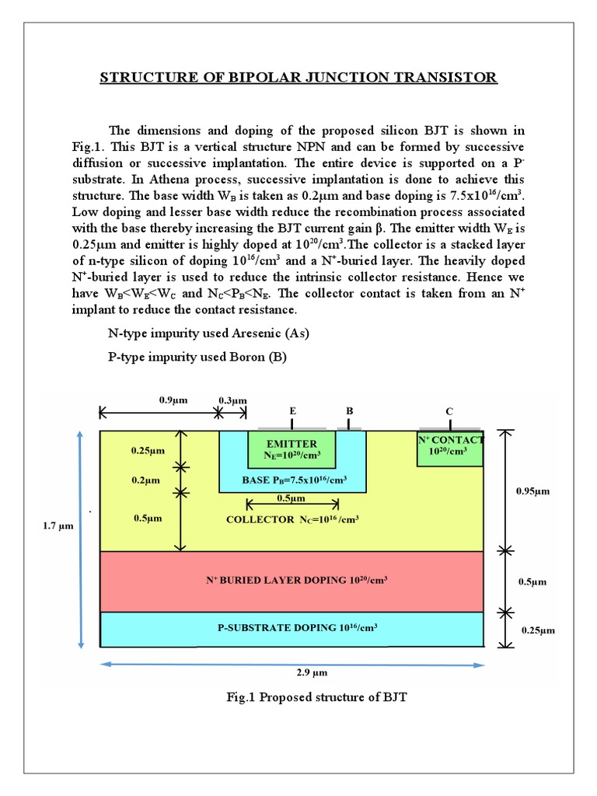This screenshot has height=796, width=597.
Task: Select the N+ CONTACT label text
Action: pyautogui.click(x=452, y=439)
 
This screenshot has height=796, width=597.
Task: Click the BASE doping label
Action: pyautogui.click(x=293, y=480)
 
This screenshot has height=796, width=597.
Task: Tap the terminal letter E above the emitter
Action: pyautogui.click(x=292, y=410)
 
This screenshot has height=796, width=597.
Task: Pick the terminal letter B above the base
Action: pyautogui.click(x=349, y=410)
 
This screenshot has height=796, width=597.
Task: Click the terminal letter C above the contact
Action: pyautogui.click(x=449, y=410)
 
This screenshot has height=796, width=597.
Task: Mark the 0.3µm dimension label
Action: pyautogui.click(x=232, y=400)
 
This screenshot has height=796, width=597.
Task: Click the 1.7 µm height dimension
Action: pyautogui.click(x=58, y=526)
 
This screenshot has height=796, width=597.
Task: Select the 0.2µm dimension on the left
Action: pyautogui.click(x=146, y=480)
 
